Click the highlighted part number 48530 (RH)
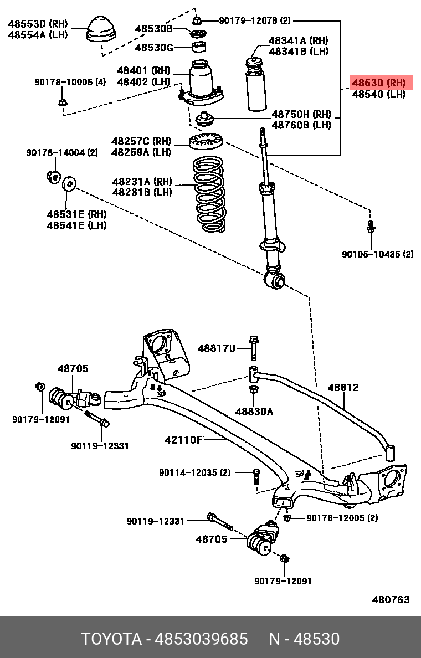[x=378, y=83]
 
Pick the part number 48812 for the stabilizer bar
[x=343, y=387]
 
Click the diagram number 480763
[x=391, y=599]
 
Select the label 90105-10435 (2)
[x=377, y=254]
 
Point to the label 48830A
[x=254, y=412]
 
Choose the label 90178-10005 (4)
[x=70, y=82]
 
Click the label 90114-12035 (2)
[x=194, y=472]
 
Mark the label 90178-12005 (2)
[x=342, y=518]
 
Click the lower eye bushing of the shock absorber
[x=275, y=280]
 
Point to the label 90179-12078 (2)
[x=254, y=21]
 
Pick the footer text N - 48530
[x=304, y=639]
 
